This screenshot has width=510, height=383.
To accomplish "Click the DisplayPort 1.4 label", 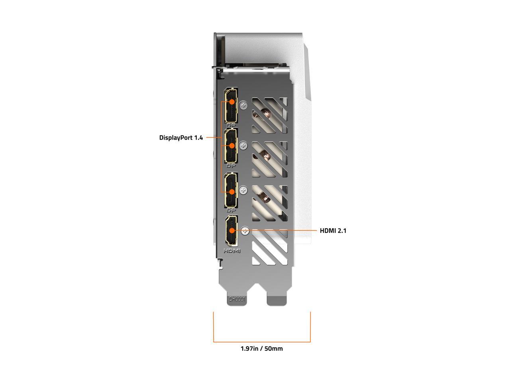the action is [x=181, y=138].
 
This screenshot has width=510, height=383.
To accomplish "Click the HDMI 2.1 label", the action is [x=333, y=231].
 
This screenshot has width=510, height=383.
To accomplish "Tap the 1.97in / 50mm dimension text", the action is [x=261, y=349].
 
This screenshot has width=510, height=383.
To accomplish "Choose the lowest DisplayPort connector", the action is [x=231, y=190].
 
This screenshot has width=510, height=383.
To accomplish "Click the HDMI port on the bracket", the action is [x=231, y=231].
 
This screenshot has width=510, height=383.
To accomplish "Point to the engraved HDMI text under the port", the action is [x=232, y=251].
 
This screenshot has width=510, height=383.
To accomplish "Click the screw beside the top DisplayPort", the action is [x=244, y=105].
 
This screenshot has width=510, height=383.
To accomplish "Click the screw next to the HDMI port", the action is [x=246, y=231].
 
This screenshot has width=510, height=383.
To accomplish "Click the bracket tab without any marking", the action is [x=277, y=300].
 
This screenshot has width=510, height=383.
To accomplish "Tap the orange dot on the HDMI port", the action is [x=231, y=231].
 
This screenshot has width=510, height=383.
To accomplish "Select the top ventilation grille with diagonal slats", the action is [x=269, y=116].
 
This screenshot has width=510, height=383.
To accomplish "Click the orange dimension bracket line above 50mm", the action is [x=262, y=342].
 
